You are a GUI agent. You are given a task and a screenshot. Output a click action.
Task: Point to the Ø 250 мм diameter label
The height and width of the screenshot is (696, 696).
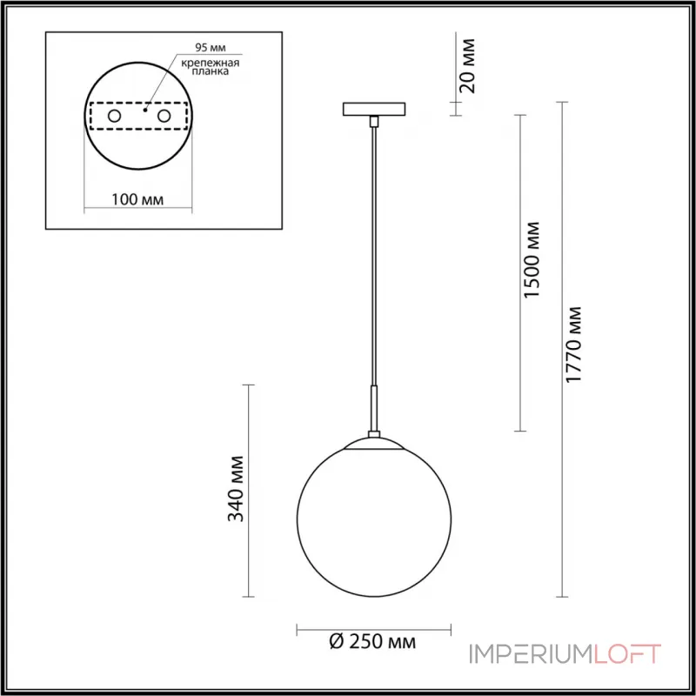pos(373,643)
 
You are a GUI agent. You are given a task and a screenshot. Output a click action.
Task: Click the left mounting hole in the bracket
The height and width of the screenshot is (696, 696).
pos(114,114)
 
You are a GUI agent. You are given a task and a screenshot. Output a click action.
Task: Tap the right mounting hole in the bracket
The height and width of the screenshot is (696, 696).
pos(163,114)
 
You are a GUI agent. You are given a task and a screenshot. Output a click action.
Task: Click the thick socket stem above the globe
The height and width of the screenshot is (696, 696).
pos(374,411)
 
